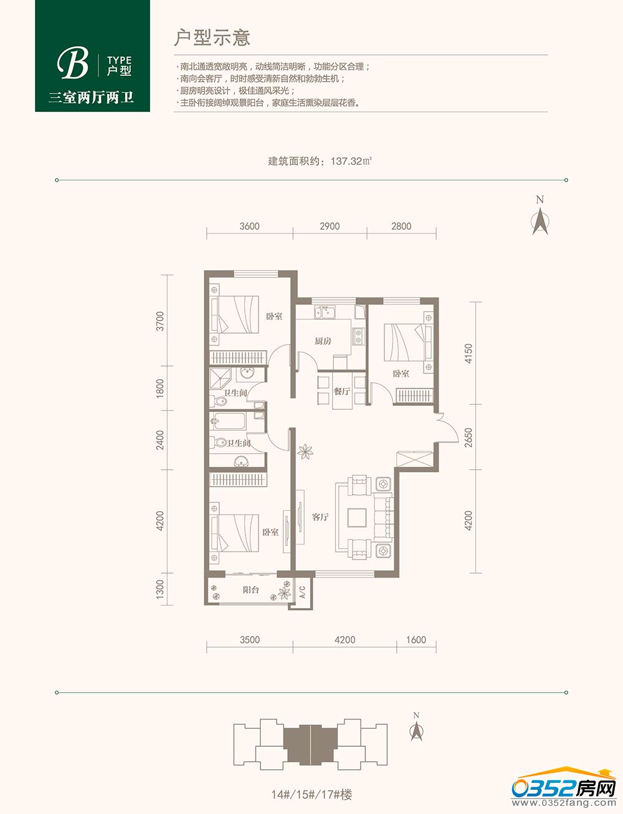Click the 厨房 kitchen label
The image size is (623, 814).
pos(323,340)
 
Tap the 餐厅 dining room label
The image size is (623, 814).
pos(341,391)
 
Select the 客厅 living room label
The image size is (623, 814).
pos(320,517)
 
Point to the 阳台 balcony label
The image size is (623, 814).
pos(250,589)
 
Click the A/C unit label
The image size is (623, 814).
pos(302,592)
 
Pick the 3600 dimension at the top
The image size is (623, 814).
pos(249,226)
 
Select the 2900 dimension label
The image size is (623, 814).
pos(330,226)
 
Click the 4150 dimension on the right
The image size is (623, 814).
pos(468,353)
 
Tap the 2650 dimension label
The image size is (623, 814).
pos(468,437)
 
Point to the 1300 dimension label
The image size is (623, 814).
pos(159,589)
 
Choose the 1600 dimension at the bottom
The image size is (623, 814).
pos(416,640)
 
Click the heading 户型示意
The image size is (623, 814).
pos(212,38)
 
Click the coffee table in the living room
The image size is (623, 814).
pos(357,517)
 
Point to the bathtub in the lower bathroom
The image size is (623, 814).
pos(228,421)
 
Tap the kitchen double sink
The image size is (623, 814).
pos(325,312)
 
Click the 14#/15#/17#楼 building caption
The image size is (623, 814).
pos(311,795)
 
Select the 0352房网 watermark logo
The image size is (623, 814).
pos(564,788)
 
